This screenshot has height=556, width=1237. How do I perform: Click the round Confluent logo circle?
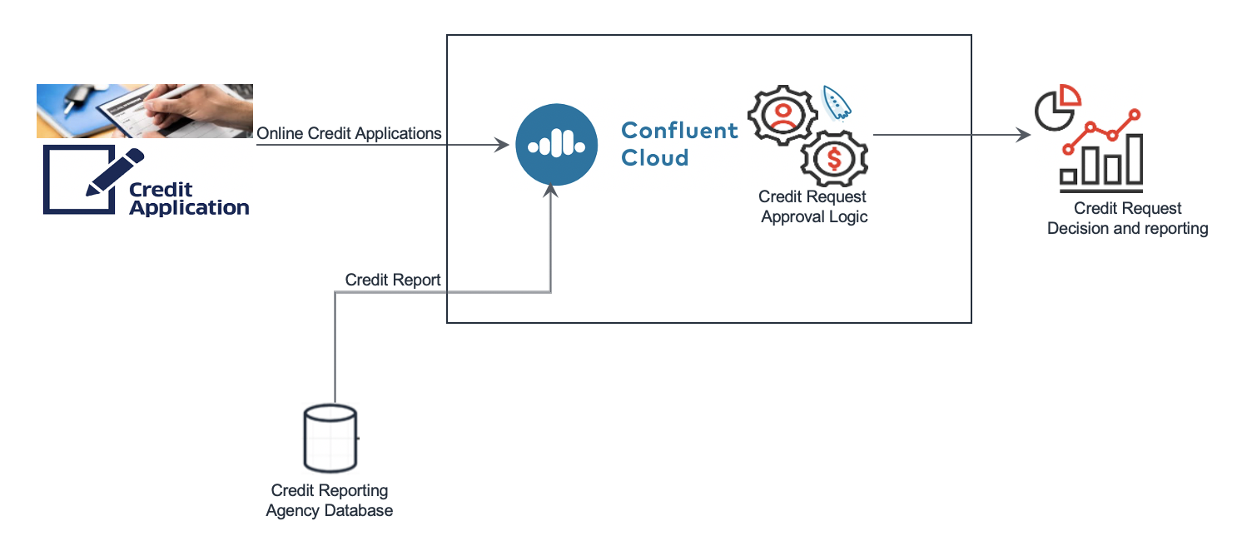[x=557, y=145]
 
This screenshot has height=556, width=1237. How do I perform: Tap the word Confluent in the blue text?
[x=680, y=131]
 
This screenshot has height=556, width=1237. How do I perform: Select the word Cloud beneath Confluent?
[x=655, y=158]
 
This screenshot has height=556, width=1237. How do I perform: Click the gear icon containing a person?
[x=782, y=116]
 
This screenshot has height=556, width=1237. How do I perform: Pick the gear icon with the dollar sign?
[x=834, y=159]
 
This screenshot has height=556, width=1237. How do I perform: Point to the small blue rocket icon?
[x=836, y=102]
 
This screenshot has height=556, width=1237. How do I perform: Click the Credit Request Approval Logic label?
[x=813, y=206]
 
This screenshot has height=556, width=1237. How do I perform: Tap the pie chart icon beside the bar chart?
[x=1057, y=107]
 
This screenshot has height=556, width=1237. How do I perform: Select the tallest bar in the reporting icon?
[x=1135, y=159]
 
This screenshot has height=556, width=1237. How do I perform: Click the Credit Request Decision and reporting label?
[x=1128, y=218]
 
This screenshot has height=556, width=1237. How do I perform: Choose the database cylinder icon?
[x=330, y=439]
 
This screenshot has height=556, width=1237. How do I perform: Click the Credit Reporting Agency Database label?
[x=330, y=500]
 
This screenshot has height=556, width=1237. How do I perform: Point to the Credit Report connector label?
[x=393, y=280]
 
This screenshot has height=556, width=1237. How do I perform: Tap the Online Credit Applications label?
[x=349, y=134]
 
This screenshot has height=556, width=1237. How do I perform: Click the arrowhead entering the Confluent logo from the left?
[x=501, y=145]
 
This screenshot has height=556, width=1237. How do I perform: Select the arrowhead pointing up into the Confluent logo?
[x=550, y=191]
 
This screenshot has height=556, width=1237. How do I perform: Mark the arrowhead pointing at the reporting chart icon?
[x=1023, y=135]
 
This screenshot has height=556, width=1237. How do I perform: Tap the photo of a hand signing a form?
[x=145, y=111]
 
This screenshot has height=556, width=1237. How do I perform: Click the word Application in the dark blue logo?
[x=190, y=208]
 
